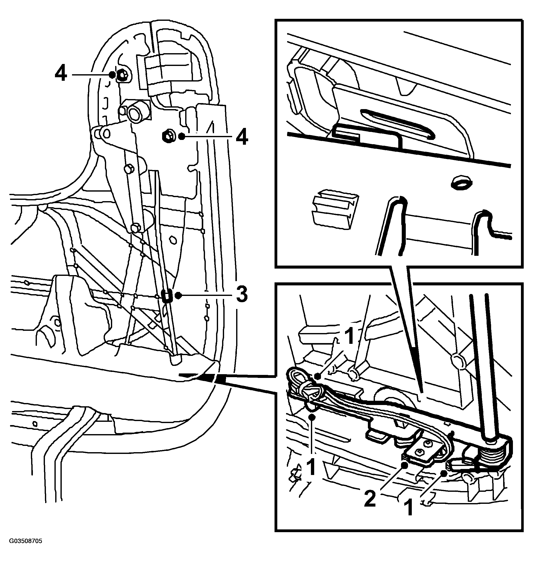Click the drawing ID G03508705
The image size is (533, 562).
tap(26, 549)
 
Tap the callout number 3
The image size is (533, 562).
tap(242, 296)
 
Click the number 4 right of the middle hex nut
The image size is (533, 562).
tap(241, 137)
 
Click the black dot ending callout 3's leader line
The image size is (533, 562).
tap(178, 296)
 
